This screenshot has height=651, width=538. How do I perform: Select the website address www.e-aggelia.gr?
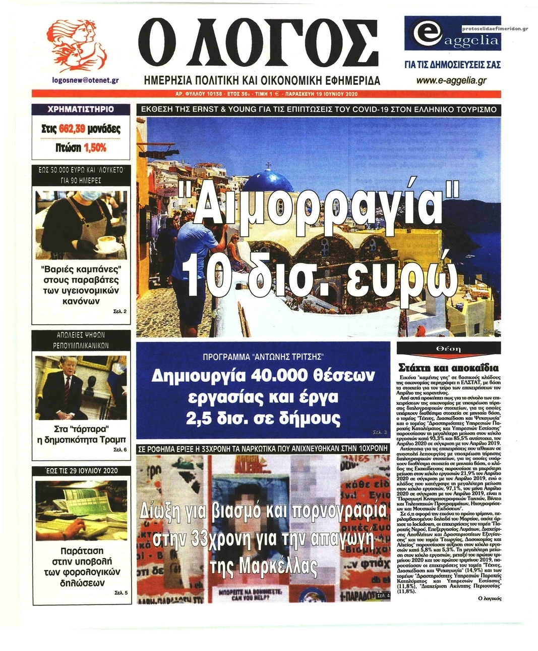(451, 80)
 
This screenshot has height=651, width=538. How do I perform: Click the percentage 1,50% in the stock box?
(95, 148)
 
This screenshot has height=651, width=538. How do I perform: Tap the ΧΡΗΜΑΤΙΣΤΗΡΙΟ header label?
(80, 109)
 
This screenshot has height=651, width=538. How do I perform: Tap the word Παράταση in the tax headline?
(81, 550)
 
